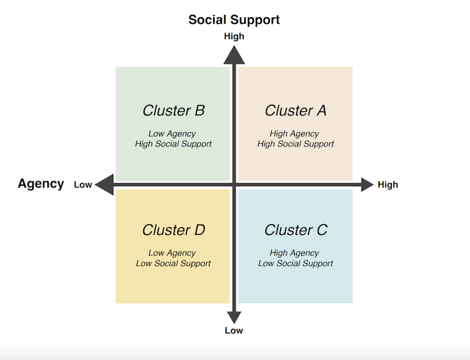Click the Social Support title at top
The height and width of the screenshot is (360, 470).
(x=234, y=19)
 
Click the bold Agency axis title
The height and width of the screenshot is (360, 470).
(x=41, y=184)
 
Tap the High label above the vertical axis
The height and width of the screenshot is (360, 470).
(x=234, y=36)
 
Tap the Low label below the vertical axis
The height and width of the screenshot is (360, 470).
(x=234, y=330)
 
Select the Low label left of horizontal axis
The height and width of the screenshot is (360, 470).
(x=83, y=184)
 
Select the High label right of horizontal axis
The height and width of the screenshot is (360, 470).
(x=388, y=184)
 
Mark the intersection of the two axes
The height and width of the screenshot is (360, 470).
(x=234, y=184)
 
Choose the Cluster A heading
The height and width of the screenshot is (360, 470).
(x=295, y=110)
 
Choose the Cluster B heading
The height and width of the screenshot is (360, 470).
(x=173, y=110)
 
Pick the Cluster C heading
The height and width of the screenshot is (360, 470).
(x=295, y=230)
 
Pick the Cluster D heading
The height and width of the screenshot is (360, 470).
(x=173, y=230)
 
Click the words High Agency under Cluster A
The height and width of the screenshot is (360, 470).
(x=294, y=133)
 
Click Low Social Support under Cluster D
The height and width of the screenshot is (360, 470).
(x=173, y=263)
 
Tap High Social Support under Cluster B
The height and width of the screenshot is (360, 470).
(x=173, y=144)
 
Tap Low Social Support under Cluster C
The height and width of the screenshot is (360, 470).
(x=295, y=263)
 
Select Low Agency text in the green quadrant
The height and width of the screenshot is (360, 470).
(x=172, y=133)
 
